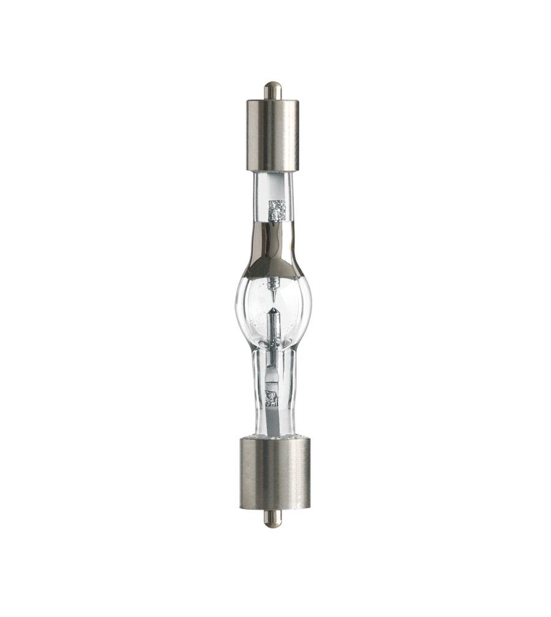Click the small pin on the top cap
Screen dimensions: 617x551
pyautogui.click(x=272, y=91)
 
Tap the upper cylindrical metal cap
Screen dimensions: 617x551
pyautogui.click(x=272, y=135)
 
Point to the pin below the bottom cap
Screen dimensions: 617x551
pyautogui.click(x=273, y=519)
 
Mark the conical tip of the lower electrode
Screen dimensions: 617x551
pyautogui.click(x=274, y=312)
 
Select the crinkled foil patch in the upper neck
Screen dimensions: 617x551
pyautogui.click(x=277, y=210)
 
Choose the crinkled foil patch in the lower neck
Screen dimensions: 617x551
pyautogui.click(x=271, y=398)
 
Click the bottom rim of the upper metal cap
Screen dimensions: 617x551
pyautogui.click(x=272, y=169)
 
